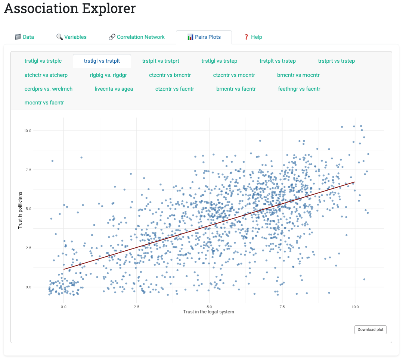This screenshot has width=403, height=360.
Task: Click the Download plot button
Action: coord(370,330)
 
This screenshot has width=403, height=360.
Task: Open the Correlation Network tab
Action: coord(137,37)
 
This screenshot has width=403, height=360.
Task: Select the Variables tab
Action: coord(71,37)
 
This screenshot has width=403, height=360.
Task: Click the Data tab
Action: coord(24,37)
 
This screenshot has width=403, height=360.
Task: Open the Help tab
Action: coord(253,37)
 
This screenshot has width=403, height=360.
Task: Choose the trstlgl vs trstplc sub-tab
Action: coord(43,61)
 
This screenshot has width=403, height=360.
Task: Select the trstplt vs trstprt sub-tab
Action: coord(161,61)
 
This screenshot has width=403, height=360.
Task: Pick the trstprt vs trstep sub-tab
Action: coord(336,61)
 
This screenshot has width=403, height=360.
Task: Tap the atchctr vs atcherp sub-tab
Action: coord(46,75)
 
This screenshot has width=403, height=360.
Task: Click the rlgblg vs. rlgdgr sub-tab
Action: coord(108,75)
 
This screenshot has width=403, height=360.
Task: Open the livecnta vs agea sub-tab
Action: coord(114,89)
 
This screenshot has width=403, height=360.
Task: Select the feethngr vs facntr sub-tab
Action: coord(299,89)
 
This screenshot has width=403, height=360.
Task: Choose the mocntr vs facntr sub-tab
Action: coord(44,103)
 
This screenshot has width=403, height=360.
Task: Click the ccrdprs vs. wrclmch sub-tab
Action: coord(49,89)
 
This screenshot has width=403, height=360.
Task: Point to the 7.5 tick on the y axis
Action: coord(28,170)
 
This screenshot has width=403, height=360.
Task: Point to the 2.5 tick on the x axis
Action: coord(136,307)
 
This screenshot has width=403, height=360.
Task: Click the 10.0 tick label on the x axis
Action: coord(355,307)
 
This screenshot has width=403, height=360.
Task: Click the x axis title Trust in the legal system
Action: coord(208,312)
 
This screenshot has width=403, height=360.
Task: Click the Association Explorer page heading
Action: coord(70,8)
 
